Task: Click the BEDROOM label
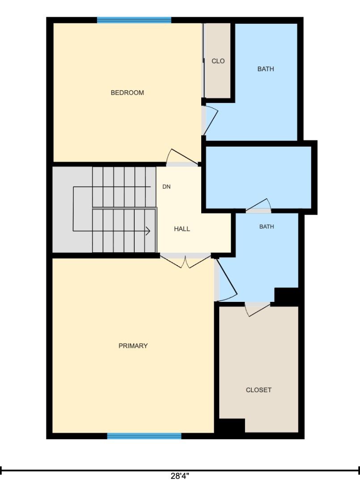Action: (x=127, y=93)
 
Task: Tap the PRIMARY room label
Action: (x=133, y=346)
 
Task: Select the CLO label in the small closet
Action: (x=218, y=61)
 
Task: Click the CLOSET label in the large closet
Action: (x=258, y=390)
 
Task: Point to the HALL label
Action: (x=182, y=229)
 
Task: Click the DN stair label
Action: (x=167, y=186)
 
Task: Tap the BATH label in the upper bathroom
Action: (x=266, y=69)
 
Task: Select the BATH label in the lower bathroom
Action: (x=267, y=227)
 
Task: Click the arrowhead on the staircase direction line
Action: (x=148, y=231)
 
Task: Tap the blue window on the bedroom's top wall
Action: (x=134, y=20)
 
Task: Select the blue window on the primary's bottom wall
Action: (x=144, y=436)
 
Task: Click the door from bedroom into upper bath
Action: (x=210, y=120)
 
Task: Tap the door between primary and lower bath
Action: (x=226, y=280)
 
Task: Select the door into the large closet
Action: (x=258, y=309)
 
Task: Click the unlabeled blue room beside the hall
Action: (x=258, y=178)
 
